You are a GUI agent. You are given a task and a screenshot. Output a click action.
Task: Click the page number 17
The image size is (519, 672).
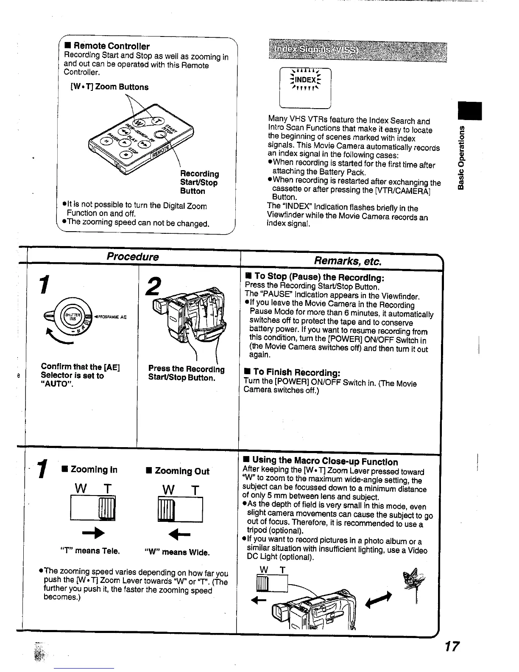[x=452, y=647]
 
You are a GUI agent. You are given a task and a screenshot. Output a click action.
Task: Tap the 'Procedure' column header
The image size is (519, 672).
[x=132, y=257]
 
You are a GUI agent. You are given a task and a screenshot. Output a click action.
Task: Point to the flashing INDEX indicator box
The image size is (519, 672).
[x=305, y=88]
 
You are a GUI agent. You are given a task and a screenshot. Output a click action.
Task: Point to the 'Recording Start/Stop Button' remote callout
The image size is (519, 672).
[x=199, y=182]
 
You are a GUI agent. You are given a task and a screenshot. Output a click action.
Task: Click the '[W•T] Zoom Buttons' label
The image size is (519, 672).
[x=109, y=87]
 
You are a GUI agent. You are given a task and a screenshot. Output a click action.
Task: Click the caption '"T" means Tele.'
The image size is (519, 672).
[x=91, y=551]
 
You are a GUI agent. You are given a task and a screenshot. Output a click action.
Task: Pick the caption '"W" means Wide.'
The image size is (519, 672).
[x=177, y=552]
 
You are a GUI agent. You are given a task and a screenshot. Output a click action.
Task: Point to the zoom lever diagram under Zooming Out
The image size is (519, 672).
[x=179, y=510]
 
